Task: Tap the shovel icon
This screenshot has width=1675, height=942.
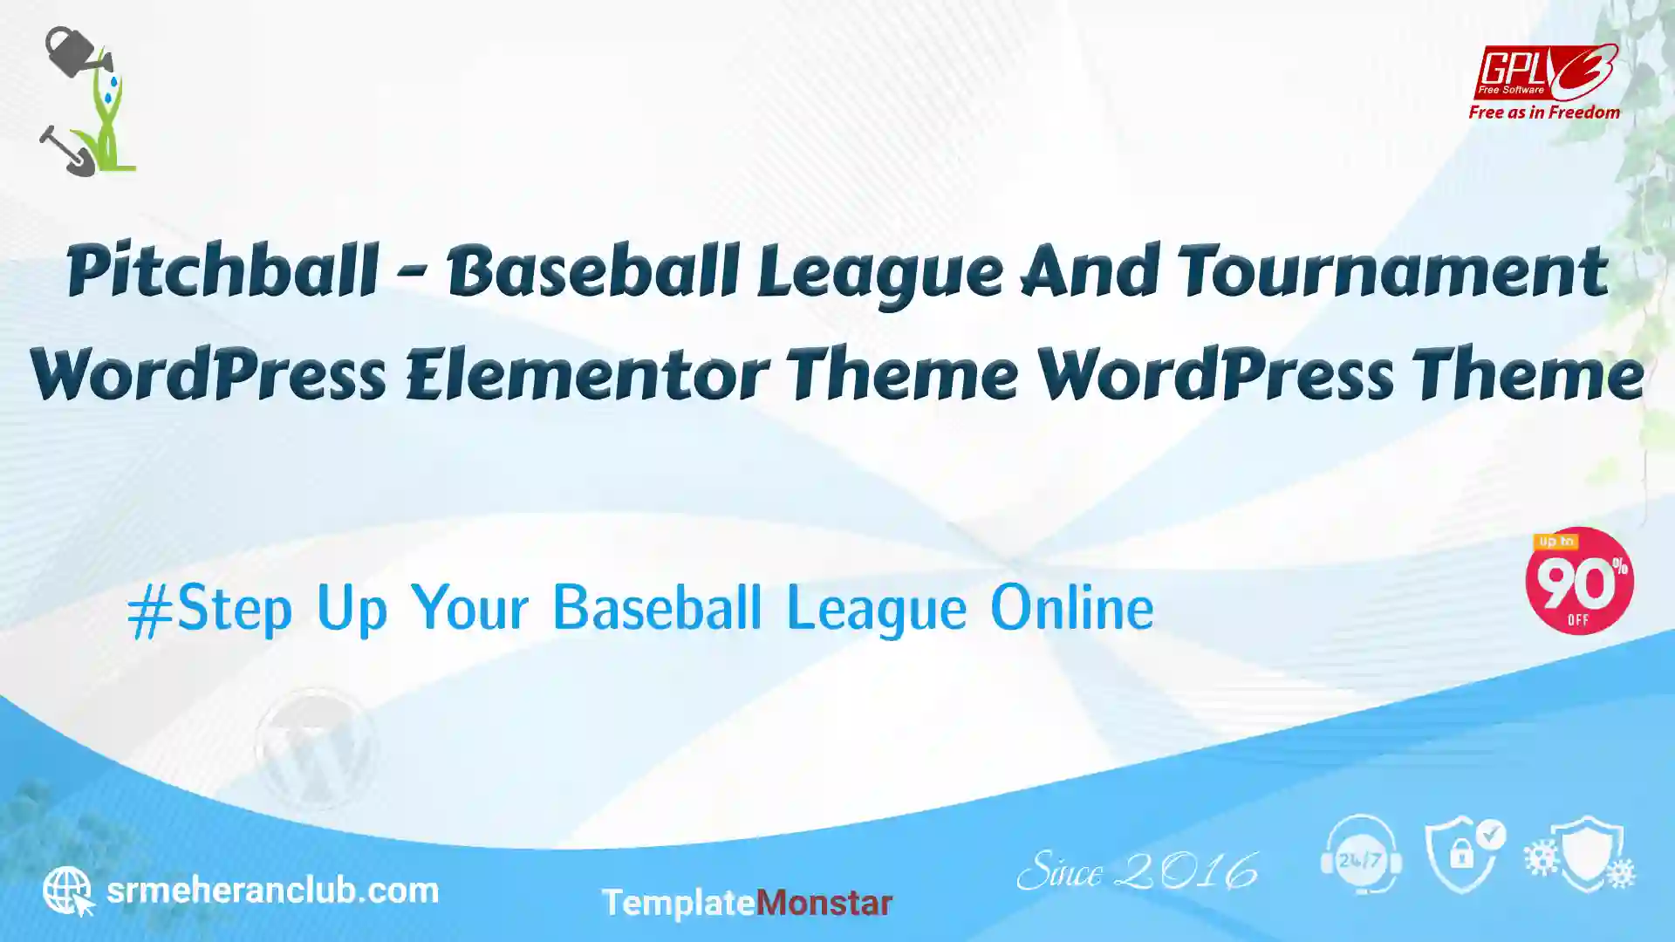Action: coord(66,152)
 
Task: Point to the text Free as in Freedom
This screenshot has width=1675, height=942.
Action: coord(1544,113)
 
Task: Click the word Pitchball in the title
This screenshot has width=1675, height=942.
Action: coord(222,271)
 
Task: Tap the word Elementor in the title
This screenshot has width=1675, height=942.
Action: coord(587,375)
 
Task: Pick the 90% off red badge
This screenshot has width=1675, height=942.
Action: coord(1579,581)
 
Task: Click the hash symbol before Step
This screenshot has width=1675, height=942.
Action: coord(150,611)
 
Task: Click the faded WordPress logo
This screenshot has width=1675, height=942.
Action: coord(315,748)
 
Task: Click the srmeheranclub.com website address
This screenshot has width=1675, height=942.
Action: coord(272,891)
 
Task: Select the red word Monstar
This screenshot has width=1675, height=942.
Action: coord(824,903)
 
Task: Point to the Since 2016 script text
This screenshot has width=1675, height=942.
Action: coord(1138,870)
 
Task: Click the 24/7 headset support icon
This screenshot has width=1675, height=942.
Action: coord(1361,854)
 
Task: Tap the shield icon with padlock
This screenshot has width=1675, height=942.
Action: coord(1465,854)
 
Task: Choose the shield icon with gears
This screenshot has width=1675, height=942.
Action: coord(1581,854)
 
